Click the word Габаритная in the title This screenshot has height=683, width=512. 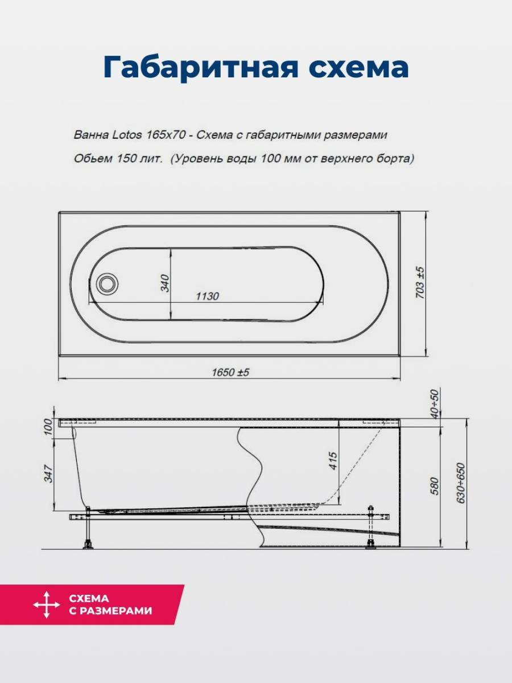(200, 68)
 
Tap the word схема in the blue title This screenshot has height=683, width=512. (358, 68)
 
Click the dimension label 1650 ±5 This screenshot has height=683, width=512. (230, 372)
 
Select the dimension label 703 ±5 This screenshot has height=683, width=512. (420, 282)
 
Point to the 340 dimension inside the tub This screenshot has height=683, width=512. (165, 283)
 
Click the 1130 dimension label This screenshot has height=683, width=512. (207, 296)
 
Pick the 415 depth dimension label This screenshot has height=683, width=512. (333, 461)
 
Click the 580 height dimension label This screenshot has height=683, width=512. (435, 486)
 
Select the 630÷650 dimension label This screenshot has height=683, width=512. (461, 483)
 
